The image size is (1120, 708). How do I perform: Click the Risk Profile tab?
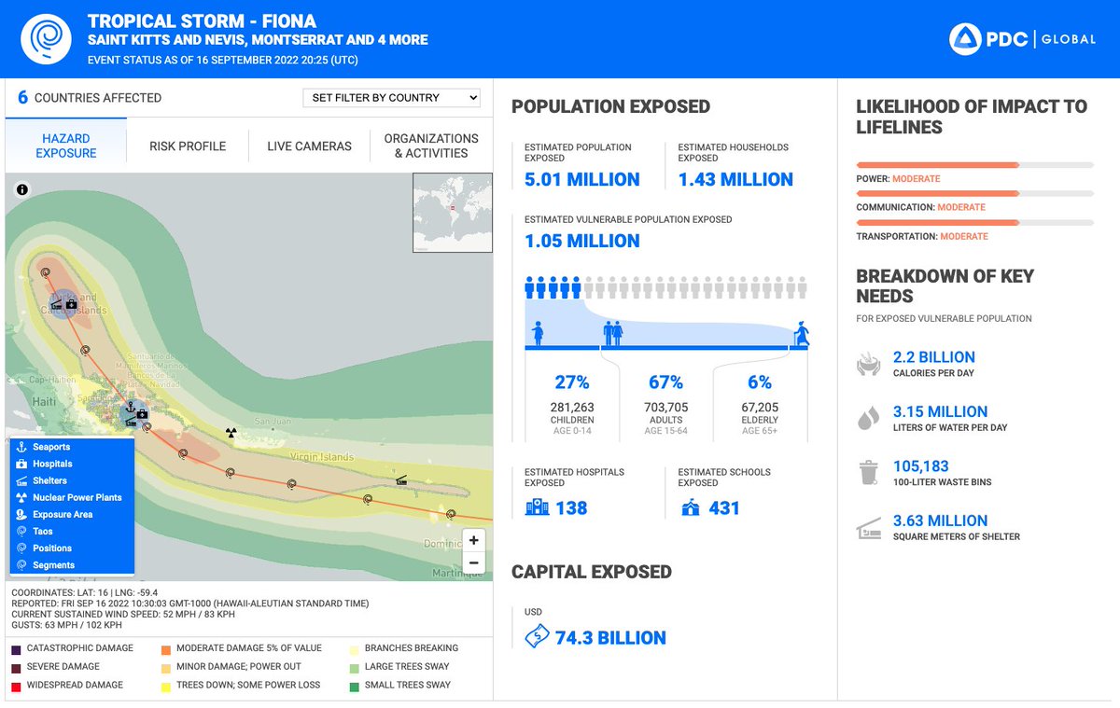pyautogui.click(x=188, y=146)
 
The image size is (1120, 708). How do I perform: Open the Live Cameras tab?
pyautogui.click(x=309, y=146)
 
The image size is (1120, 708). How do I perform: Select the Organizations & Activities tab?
pyautogui.click(x=431, y=146)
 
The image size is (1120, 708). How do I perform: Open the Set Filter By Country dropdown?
pyautogui.click(x=391, y=98)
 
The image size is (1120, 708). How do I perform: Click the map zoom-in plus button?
pyautogui.click(x=474, y=541)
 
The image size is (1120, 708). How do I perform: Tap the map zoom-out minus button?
pyautogui.click(x=474, y=562)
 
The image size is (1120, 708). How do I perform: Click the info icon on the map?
pyautogui.click(x=22, y=189)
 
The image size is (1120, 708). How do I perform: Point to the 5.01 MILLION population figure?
pyautogui.click(x=581, y=180)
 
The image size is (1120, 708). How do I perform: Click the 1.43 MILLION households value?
pyautogui.click(x=735, y=180)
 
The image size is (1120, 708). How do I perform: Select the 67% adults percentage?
pyautogui.click(x=665, y=382)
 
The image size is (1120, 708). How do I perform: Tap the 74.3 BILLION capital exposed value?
pyautogui.click(x=609, y=638)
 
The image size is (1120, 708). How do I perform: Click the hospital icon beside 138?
pyautogui.click(x=537, y=507)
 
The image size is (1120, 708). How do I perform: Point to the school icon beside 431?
pyautogui.click(x=691, y=507)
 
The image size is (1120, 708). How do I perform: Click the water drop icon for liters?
pyautogui.click(x=868, y=419)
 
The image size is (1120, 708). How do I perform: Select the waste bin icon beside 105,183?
pyautogui.click(x=868, y=473)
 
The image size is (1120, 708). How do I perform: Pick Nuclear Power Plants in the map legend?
pyautogui.click(x=77, y=497)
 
